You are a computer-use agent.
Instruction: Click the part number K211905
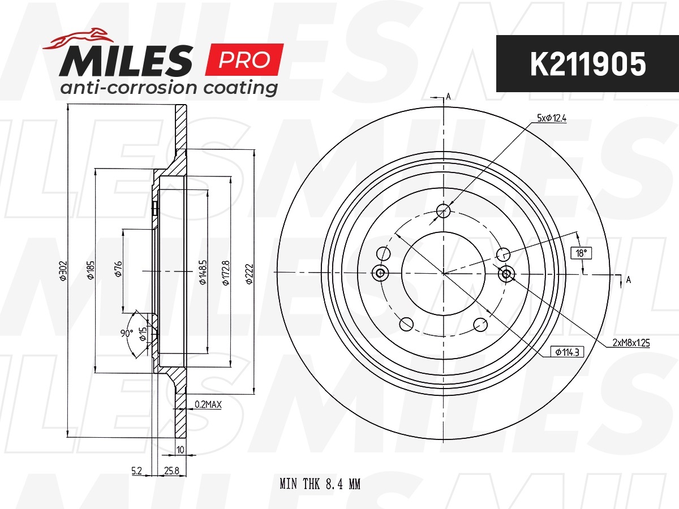coord(588,64)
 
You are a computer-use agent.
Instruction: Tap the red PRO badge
coord(244,59)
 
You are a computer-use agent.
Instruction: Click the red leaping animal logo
coord(78,38)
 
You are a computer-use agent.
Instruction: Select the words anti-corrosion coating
coord(169,88)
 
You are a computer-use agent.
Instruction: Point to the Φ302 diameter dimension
coord(63,271)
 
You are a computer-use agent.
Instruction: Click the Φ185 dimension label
coord(91,270)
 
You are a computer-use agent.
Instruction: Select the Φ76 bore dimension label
coord(118,269)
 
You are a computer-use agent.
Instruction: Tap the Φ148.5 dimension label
coord(203,272)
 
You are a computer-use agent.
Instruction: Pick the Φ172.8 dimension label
coord(226,273)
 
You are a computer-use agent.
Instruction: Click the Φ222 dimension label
coord(250,274)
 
